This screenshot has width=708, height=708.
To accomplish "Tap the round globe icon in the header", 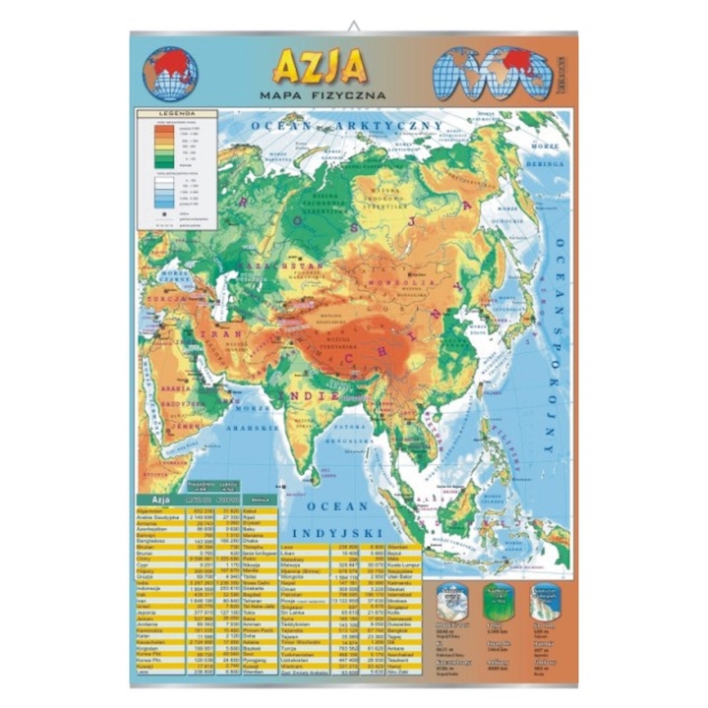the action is (170, 74).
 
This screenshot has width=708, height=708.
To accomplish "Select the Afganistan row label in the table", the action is (154, 510).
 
